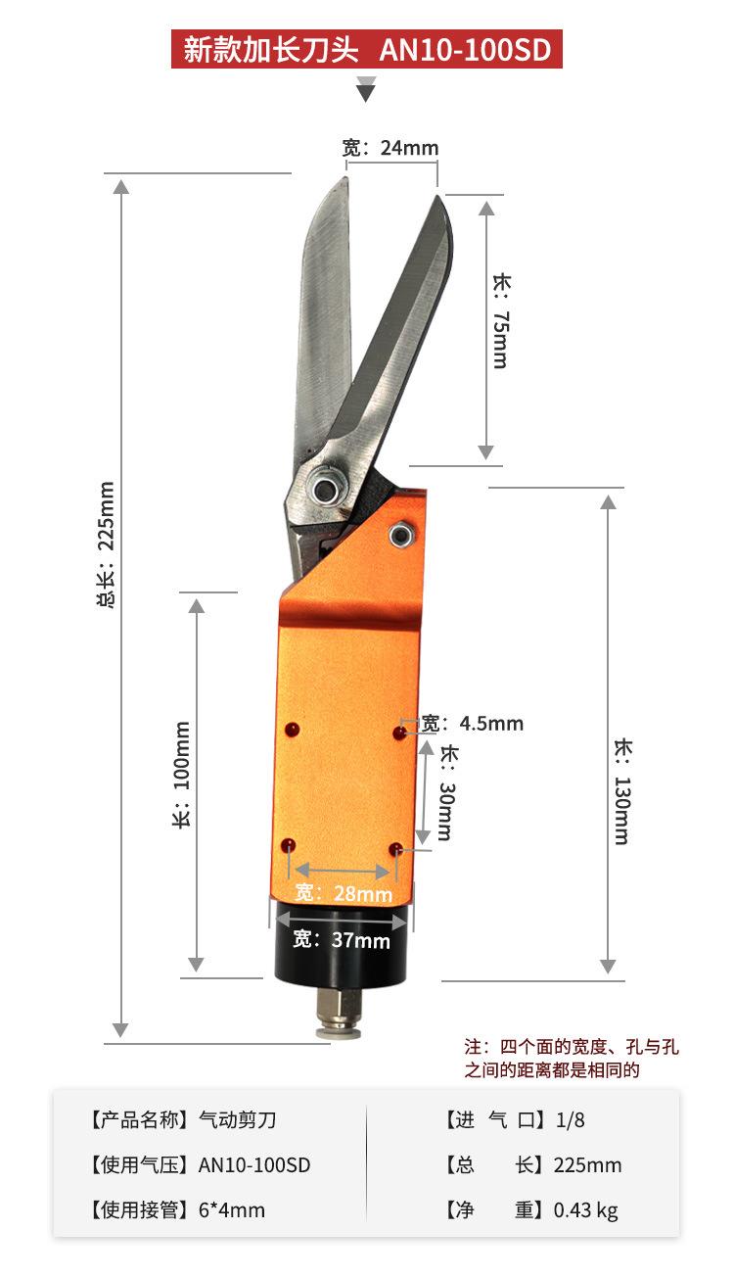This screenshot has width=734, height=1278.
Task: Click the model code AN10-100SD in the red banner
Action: [465, 50]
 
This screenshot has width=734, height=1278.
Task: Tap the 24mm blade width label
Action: [390, 148]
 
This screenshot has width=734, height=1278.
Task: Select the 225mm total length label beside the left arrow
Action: [106, 544]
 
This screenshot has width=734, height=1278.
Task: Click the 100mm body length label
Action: [181, 775]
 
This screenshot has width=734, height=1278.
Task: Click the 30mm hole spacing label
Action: [447, 792]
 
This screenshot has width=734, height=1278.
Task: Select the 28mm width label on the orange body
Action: [344, 892]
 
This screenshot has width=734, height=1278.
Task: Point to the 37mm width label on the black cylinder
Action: [342, 939]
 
